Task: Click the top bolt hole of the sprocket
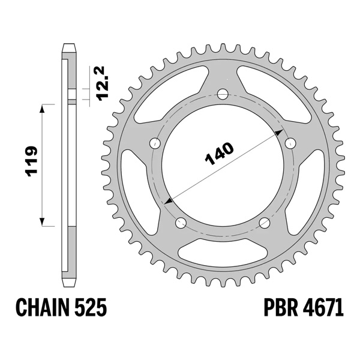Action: tap(223, 94)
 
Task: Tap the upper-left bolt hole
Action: tap(154, 143)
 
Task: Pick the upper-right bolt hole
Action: tap(292, 143)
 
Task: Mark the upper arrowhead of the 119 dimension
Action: tap(43, 107)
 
